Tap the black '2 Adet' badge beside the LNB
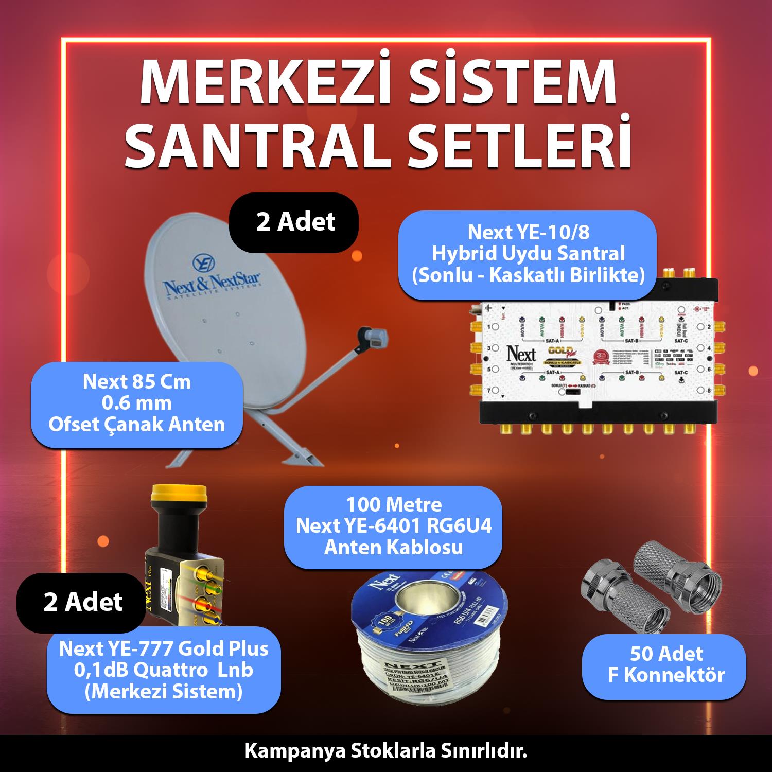(82, 602)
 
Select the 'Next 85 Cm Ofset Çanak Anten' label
(137, 403)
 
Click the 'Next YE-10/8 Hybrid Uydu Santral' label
(528, 255)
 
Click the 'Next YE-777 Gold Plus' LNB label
(164, 670)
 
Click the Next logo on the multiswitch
(521, 356)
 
